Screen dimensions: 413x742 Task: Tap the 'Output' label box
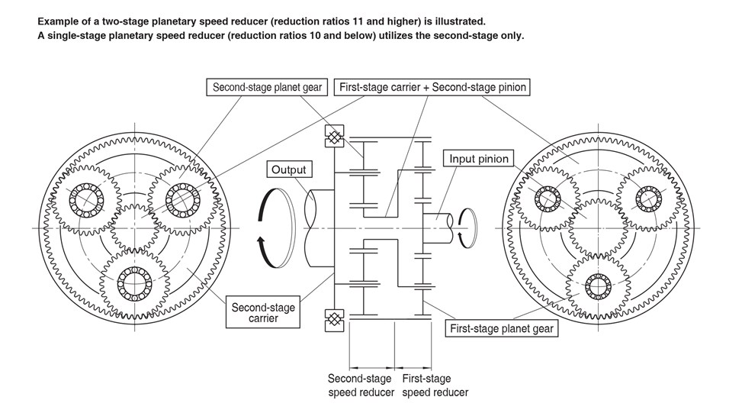point(288,169)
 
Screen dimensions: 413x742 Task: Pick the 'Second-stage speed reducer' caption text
point(360,386)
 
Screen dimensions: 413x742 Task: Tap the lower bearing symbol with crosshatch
point(334,320)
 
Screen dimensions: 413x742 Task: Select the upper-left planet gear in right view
point(548,198)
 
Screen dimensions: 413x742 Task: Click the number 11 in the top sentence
point(345,21)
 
